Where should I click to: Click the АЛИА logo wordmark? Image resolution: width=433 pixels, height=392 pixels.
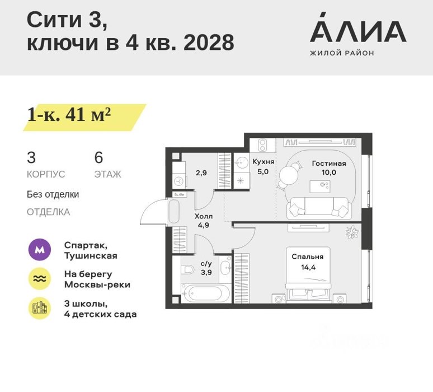358,27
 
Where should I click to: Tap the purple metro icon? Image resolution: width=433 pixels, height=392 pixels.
40,250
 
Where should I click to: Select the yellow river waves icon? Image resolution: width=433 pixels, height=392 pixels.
40,279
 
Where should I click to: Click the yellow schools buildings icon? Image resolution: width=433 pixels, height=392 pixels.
40,309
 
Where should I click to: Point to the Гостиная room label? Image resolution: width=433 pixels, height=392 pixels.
329,164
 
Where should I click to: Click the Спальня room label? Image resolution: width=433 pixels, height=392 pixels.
307,257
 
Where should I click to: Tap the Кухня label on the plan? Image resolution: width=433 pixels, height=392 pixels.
263,162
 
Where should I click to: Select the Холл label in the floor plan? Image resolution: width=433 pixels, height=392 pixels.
204,216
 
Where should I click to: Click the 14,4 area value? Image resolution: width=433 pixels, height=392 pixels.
308,267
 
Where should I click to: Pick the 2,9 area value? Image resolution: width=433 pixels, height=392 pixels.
201,173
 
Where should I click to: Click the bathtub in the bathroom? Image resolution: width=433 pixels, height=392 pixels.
206,293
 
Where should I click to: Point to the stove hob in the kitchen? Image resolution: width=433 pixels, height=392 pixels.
262,145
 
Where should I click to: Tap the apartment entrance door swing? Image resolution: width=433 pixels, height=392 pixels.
153,212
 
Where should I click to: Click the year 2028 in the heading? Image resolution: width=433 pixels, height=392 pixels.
209,43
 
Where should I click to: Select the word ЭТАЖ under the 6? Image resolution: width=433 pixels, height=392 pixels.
107,174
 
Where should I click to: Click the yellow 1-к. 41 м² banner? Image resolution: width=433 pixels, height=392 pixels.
84,117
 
